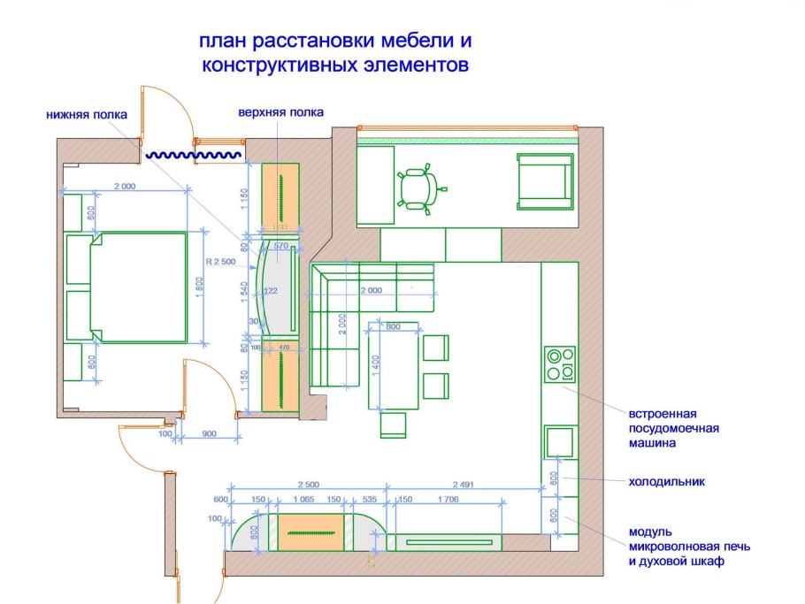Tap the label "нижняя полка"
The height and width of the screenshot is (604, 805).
pyautogui.click(x=87, y=114)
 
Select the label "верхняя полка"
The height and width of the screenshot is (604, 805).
pyautogui.click(x=280, y=112)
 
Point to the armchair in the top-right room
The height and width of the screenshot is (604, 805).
pyautogui.click(x=542, y=181)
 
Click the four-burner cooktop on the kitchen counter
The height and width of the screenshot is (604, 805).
pyautogui.click(x=560, y=364)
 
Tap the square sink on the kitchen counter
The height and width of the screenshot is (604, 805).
pyautogui.click(x=560, y=440)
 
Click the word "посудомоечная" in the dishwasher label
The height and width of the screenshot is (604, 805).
pyautogui.click(x=674, y=428)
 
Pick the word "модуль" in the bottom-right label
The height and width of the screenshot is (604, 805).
pyautogui.click(x=651, y=531)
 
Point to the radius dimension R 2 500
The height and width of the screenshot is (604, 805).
pyautogui.click(x=219, y=263)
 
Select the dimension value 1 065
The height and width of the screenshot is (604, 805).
pyautogui.click(x=304, y=500)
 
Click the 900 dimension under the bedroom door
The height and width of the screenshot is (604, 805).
pyautogui.click(x=209, y=433)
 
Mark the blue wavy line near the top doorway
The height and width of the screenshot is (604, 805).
pyautogui.click(x=193, y=155)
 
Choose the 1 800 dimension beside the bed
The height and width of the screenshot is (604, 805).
pyautogui.click(x=200, y=287)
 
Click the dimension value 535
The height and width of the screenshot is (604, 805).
pyautogui.click(x=370, y=500)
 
